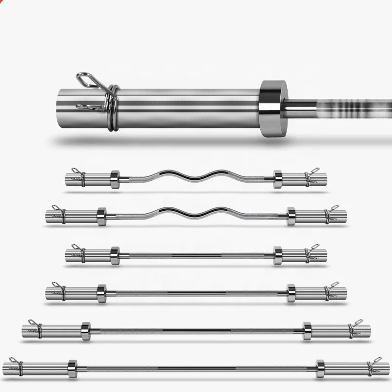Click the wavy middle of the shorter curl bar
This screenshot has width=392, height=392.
(196, 176)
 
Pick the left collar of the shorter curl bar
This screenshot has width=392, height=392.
(115, 179)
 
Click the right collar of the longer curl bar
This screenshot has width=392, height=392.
(291, 216)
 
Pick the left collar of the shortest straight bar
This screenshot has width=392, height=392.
(115, 255)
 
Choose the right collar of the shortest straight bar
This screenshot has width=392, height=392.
(278, 255)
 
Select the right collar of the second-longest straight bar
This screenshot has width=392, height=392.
(307, 330)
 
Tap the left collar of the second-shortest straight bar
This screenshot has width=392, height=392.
(101, 293)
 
